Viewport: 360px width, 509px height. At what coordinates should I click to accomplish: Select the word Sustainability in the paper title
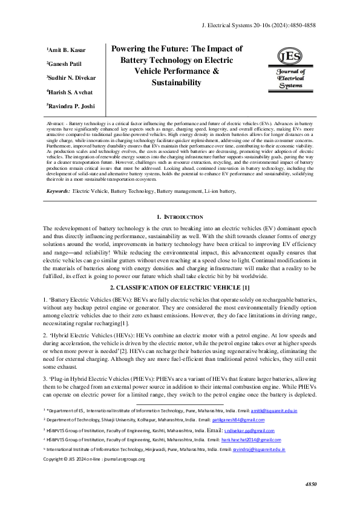[176, 82]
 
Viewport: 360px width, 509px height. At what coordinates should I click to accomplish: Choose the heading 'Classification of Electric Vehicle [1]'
[180, 286]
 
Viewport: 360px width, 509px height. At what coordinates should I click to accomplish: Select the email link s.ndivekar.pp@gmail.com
[249, 430]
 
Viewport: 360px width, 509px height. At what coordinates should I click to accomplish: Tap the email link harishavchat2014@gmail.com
[247, 441]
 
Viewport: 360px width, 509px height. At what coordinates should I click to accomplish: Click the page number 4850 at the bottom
[311, 485]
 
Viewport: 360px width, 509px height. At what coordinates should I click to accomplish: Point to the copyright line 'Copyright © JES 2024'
[94, 459]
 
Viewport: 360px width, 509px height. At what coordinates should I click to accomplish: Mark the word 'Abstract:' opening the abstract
[57, 122]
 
